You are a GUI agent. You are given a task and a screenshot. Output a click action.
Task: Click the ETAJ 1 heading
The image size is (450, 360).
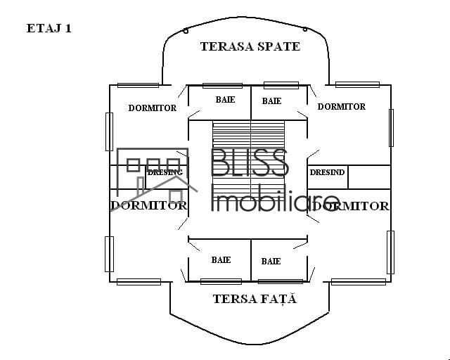[x=49, y=29]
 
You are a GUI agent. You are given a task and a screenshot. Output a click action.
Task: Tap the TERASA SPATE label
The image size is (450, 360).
[x=250, y=46]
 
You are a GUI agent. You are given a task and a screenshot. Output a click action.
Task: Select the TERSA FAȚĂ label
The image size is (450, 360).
[x=255, y=299]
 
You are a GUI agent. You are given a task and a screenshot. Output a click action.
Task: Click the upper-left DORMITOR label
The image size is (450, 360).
[x=152, y=108]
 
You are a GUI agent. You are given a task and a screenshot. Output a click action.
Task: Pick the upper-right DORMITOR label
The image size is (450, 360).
[x=341, y=107]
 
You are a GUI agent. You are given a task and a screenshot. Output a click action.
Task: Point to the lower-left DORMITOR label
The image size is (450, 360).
[x=148, y=205]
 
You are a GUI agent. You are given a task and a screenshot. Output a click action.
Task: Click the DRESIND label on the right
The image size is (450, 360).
[x=327, y=172]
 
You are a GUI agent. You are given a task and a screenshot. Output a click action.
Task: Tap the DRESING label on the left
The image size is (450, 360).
[x=165, y=172]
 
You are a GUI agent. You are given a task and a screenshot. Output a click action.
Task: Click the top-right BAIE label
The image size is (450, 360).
[x=271, y=101]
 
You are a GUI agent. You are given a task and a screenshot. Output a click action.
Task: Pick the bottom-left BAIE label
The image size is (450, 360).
[x=221, y=260]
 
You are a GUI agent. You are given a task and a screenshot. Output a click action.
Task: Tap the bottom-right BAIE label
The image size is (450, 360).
[x=271, y=262]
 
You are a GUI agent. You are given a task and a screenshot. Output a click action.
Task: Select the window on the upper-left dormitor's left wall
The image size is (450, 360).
[x=109, y=131]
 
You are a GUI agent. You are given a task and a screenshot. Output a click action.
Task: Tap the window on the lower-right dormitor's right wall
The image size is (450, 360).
[x=390, y=252]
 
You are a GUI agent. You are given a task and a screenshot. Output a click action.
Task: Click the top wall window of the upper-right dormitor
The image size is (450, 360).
[x=357, y=85]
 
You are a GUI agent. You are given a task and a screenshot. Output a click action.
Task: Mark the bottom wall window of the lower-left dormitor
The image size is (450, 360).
[x=139, y=282]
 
